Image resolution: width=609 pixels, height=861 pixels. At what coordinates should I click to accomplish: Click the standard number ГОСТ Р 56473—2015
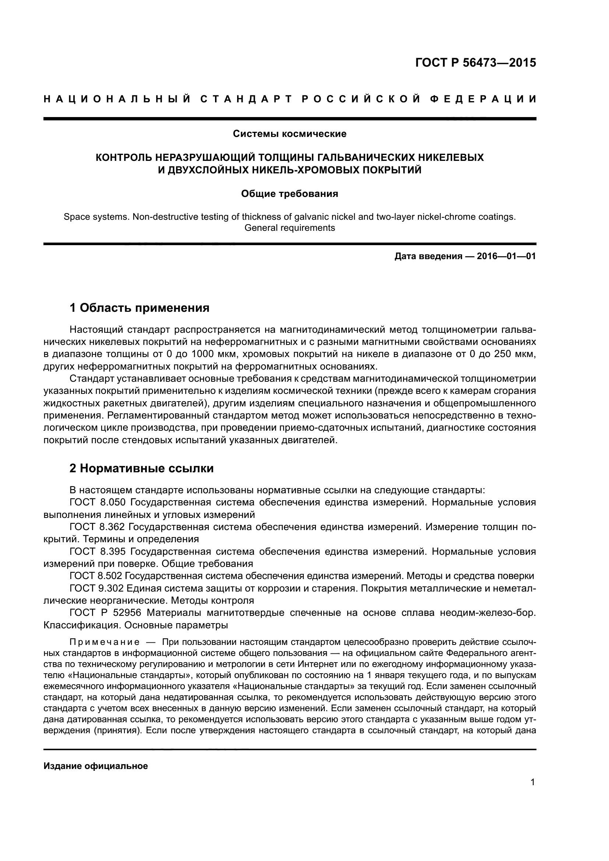coord(475,63)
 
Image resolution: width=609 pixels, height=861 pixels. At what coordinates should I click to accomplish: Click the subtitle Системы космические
coord(289,134)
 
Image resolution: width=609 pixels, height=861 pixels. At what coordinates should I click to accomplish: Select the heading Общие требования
coord(289,194)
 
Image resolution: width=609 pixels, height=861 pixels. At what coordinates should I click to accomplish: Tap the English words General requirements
coord(289,227)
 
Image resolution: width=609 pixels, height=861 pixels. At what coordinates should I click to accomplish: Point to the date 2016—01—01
coord(506,257)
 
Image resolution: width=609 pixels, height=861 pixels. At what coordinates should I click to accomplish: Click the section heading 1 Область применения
coord(140,308)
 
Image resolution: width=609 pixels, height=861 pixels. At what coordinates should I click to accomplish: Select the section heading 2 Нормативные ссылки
coord(142,468)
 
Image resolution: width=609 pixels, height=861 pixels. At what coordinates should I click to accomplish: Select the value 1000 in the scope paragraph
coord(203,354)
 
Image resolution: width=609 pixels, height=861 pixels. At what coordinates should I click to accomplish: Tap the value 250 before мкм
coord(502,354)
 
